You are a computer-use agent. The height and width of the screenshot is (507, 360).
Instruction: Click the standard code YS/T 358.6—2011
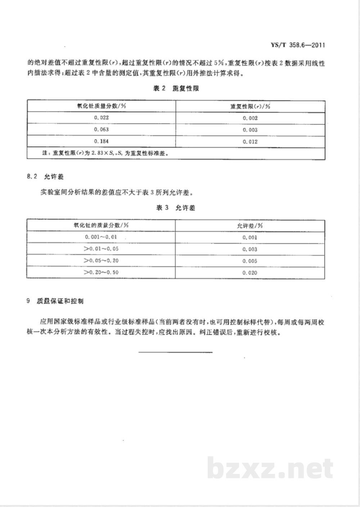pos(297,45)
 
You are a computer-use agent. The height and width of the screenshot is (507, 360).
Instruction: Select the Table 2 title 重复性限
pos(176,89)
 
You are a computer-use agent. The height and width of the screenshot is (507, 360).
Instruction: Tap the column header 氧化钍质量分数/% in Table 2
pos(101,106)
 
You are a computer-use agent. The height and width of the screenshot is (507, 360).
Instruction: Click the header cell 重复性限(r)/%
pos(250,106)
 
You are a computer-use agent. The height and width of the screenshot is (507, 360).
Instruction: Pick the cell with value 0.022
pos(101,118)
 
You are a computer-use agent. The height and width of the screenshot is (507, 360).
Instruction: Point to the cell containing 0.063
pos(101,130)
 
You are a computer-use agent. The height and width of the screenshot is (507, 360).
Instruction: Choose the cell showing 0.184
pos(101,141)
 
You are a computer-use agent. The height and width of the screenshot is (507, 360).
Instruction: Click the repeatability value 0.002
pos(250,118)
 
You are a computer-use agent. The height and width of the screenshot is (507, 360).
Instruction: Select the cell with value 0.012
pos(250,142)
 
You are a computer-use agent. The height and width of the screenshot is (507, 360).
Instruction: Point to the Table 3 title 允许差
pos(176,208)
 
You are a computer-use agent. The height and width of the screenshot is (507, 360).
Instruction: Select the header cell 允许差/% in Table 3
pos(250,226)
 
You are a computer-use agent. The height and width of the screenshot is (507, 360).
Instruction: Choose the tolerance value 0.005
pos(250,261)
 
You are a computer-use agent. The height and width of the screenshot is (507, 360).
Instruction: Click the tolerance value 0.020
pos(250,273)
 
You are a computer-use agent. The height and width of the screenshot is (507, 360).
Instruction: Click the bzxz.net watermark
pos(270,468)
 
